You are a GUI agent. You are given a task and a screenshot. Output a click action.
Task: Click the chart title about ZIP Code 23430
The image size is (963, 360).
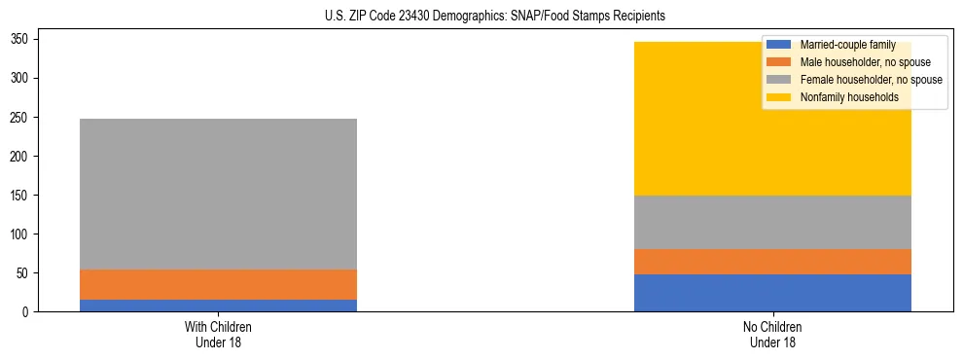point(481,17)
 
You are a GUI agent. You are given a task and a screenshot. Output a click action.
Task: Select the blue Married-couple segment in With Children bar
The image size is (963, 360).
point(219,306)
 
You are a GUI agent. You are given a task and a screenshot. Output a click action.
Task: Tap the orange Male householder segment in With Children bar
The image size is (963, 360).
point(219,284)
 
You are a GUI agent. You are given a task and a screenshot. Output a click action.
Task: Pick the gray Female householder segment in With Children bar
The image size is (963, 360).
point(219,194)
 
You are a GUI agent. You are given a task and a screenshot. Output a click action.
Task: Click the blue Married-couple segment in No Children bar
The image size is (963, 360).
point(772,293)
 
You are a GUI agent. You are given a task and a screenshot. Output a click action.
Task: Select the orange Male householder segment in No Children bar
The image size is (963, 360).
point(772,262)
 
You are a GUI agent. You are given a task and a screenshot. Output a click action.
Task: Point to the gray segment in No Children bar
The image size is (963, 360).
point(772,222)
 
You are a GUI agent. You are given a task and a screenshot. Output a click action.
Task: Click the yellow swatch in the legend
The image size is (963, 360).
point(779,97)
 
